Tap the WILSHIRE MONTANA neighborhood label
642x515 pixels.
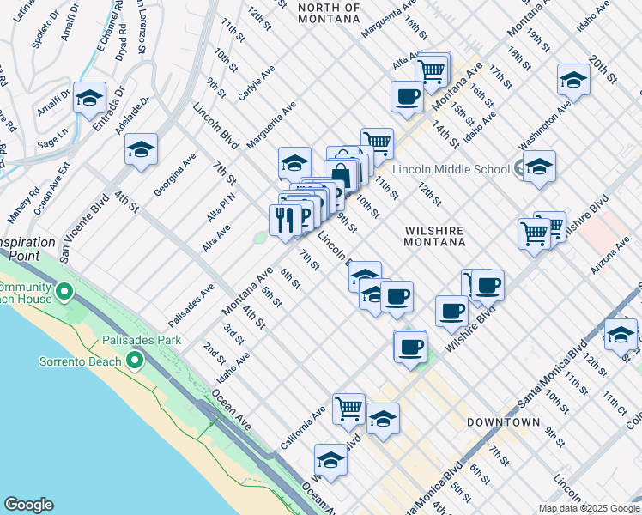click(434, 237)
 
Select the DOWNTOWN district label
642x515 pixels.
click(503, 422)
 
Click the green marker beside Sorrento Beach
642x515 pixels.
click(135, 361)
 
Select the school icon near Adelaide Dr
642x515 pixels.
click(141, 149)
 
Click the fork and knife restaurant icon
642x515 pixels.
click(285, 219)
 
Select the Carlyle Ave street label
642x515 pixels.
click(256, 81)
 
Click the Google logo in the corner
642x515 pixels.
click(28, 504)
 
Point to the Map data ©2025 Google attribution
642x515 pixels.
click(588, 508)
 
